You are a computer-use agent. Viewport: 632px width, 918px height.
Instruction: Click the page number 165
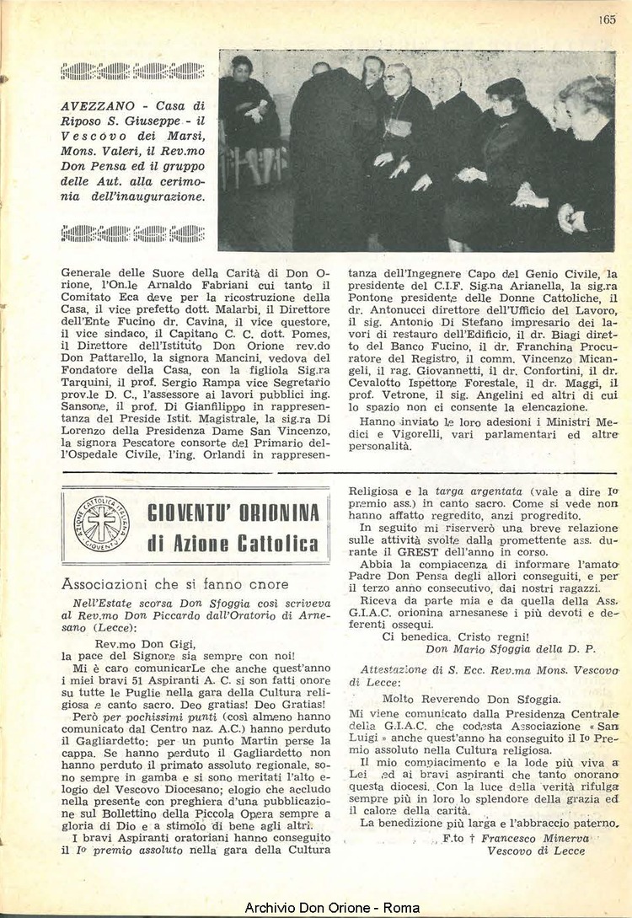608,21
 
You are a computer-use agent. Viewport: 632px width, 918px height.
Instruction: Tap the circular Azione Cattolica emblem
101,523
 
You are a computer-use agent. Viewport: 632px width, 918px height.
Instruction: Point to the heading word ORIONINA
281,513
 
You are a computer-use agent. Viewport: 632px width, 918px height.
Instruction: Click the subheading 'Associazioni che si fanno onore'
174,583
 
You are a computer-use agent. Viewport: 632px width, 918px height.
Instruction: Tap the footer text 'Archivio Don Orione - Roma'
316,907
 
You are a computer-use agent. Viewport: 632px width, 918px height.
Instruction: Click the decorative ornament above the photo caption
133,71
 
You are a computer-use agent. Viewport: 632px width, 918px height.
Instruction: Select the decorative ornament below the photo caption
133,233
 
